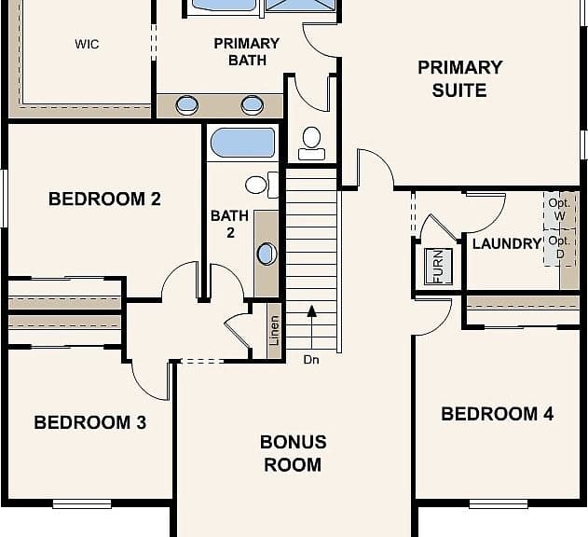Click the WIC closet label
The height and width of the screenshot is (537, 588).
point(87,44)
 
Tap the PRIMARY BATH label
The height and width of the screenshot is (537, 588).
point(247,52)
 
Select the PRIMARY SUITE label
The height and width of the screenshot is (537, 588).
point(459,79)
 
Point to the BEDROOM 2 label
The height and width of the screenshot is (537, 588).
point(104,199)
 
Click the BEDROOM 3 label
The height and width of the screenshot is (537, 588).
point(90,422)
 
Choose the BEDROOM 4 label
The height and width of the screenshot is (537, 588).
point(498,414)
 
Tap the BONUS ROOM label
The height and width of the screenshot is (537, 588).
point(293,453)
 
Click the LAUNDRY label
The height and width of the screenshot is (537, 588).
point(507,244)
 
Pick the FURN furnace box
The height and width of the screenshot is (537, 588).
point(438,267)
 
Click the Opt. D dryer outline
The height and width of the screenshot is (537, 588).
point(559,248)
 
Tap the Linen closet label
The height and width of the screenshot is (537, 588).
point(275,330)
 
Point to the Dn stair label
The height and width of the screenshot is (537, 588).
point(311,360)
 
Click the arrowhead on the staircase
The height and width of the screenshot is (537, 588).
point(311,310)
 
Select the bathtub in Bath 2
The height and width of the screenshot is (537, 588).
point(242,143)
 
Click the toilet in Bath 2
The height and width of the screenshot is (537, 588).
point(262,185)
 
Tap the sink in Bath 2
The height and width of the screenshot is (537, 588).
point(267,255)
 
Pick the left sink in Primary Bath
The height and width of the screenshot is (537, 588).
point(186,105)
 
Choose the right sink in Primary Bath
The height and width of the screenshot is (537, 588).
point(252,105)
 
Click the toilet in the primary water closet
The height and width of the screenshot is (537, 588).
point(311,144)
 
